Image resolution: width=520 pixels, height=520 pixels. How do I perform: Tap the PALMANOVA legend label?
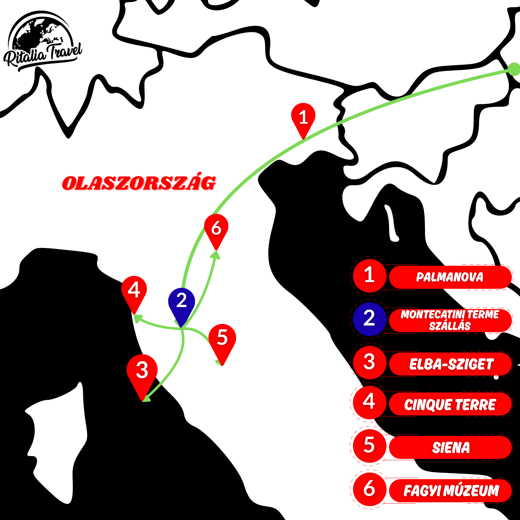point(450,277)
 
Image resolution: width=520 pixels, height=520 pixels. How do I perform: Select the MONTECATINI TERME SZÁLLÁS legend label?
point(450,320)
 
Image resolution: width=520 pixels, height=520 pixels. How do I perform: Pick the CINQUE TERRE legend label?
point(450,404)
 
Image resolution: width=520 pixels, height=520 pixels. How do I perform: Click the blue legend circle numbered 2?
point(369,319)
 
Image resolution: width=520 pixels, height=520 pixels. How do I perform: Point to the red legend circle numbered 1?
point(369,276)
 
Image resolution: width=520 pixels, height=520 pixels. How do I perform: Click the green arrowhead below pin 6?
point(216,255)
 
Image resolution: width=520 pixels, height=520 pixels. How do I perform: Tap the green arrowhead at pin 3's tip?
point(146,398)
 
